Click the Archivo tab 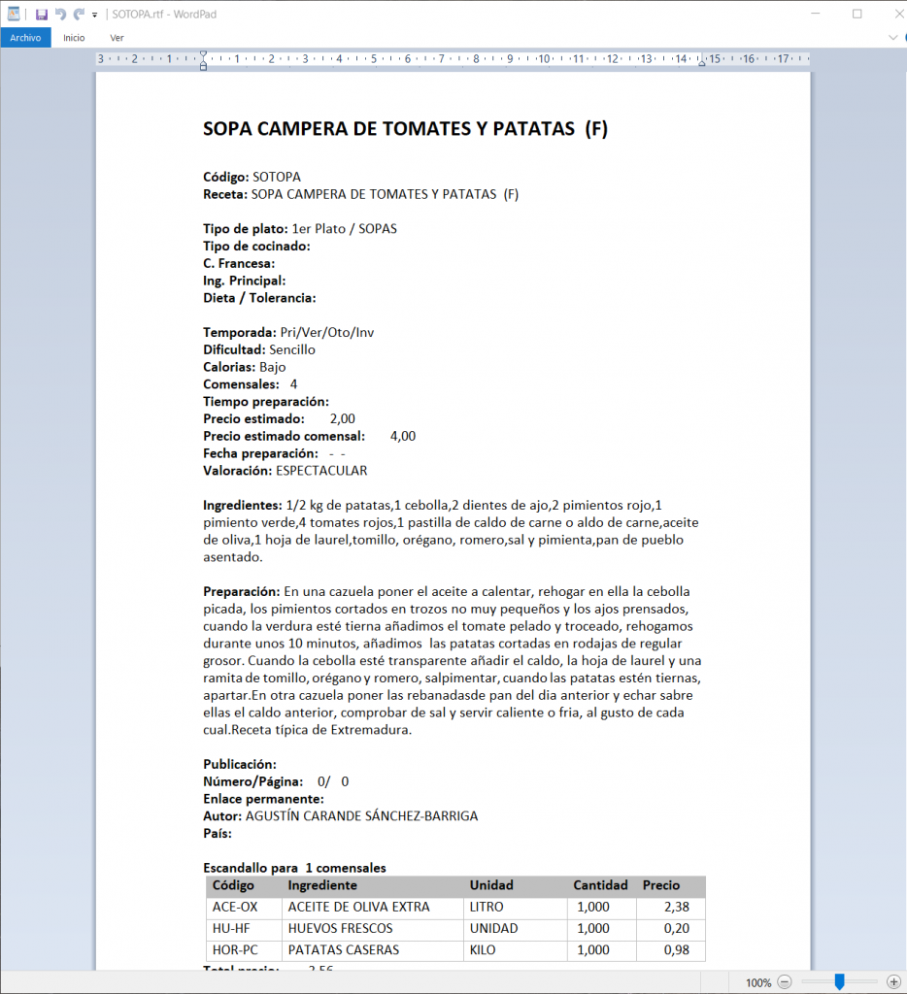pos(25,38)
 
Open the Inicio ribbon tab pos(74,38)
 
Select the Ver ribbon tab pos(117,38)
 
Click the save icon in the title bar pos(42,15)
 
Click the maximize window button pos(857,14)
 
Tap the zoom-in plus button pos(893,982)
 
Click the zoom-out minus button pos(785,982)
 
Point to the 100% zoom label pos(758,982)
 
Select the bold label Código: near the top pos(225,177)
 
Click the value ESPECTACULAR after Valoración pos(321,471)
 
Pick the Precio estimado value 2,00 pos(342,418)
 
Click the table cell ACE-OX pos(235,907)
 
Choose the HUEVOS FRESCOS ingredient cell pos(340,929)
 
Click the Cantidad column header pos(599,885)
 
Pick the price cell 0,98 pos(676,950)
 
